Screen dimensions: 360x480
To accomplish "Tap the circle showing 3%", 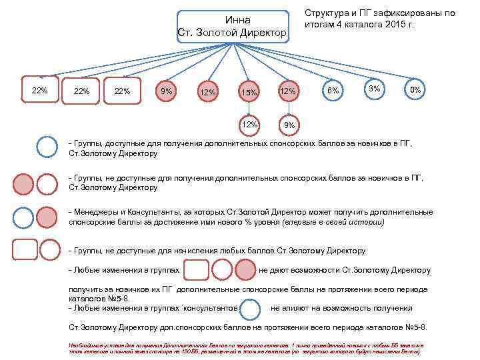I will point(375,89).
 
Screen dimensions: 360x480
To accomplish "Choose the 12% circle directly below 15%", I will point(250,123).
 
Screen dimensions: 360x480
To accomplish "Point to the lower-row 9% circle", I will point(289,125).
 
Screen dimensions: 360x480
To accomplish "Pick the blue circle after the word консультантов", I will point(251,309).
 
